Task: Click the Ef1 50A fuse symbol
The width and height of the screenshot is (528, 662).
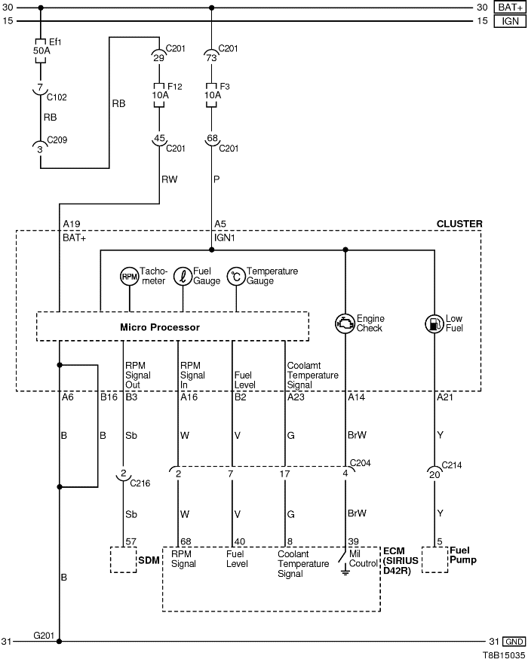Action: [40, 50]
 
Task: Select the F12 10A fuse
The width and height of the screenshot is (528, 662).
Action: [158, 96]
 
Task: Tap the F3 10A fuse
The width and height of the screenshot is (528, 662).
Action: [212, 96]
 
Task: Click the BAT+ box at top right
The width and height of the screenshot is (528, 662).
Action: [509, 8]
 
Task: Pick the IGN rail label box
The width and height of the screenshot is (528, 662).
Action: [509, 21]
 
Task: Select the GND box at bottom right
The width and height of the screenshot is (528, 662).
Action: [513, 642]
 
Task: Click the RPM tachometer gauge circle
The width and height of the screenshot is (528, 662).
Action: [130, 277]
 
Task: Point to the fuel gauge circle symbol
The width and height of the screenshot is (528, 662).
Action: [183, 277]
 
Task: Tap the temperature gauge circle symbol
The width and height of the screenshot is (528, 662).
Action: [236, 277]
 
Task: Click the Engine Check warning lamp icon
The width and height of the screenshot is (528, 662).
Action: [345, 323]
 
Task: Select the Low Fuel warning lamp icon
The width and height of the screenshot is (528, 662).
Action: [434, 323]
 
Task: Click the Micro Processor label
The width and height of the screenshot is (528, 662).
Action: [160, 327]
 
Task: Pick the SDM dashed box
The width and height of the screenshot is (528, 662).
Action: [123, 560]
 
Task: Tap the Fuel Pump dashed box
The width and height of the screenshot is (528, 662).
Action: [434, 560]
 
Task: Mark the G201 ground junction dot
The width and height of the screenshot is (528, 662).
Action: [59, 642]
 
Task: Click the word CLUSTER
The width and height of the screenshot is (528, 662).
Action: [459, 224]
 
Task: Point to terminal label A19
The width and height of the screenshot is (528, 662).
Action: [72, 224]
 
